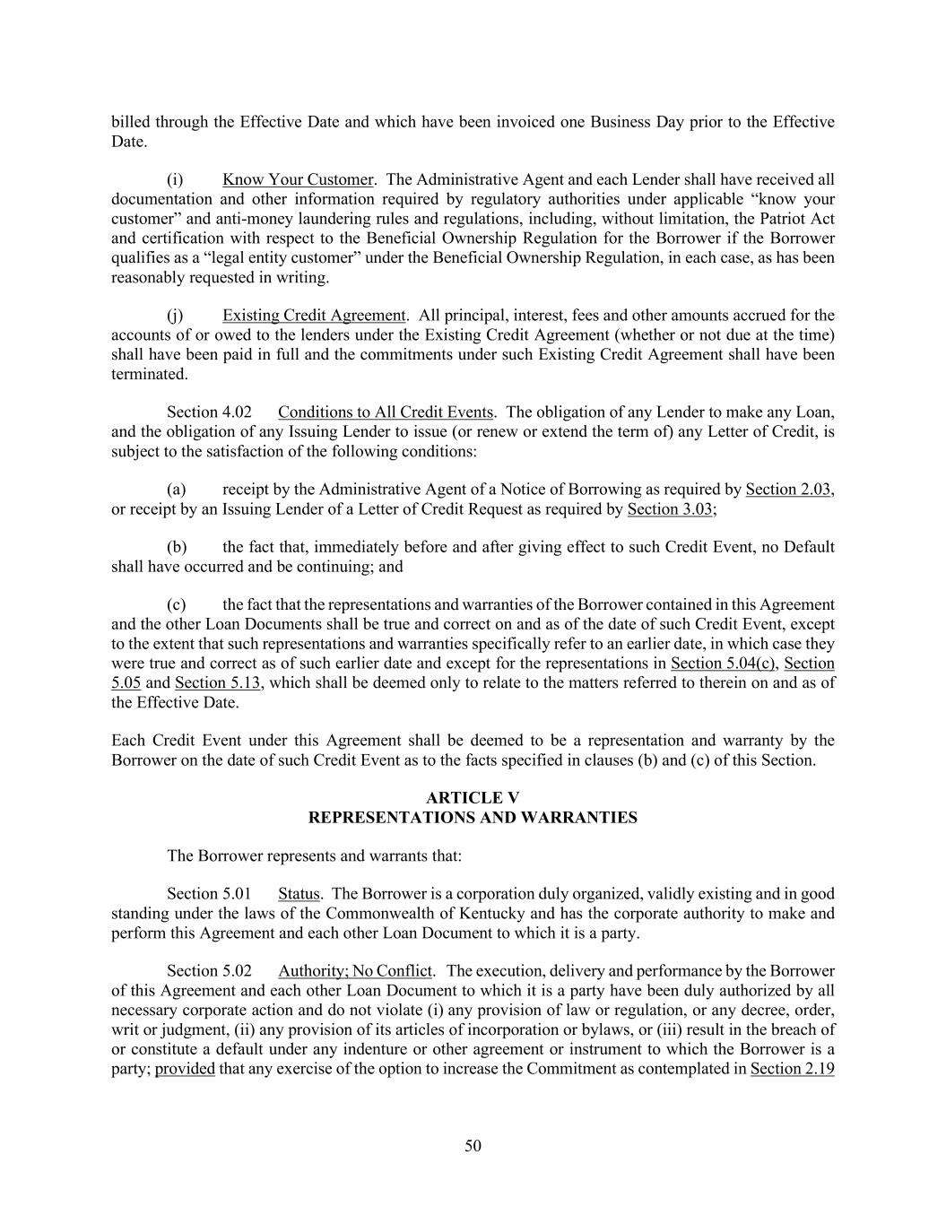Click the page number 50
pyautogui.click(x=473, y=1145)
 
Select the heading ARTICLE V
pyautogui.click(x=473, y=798)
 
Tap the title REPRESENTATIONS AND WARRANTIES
pyautogui.click(x=473, y=818)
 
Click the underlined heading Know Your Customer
pyautogui.click(x=298, y=179)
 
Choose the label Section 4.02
pyautogui.click(x=209, y=412)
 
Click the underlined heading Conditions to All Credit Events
pyautogui.click(x=385, y=412)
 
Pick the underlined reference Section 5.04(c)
pyautogui.click(x=723, y=664)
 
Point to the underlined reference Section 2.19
pyautogui.click(x=792, y=1069)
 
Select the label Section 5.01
pyautogui.click(x=208, y=894)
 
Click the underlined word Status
pyautogui.click(x=299, y=894)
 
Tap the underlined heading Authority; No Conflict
pyautogui.click(x=355, y=971)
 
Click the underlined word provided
pyautogui.click(x=185, y=1069)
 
